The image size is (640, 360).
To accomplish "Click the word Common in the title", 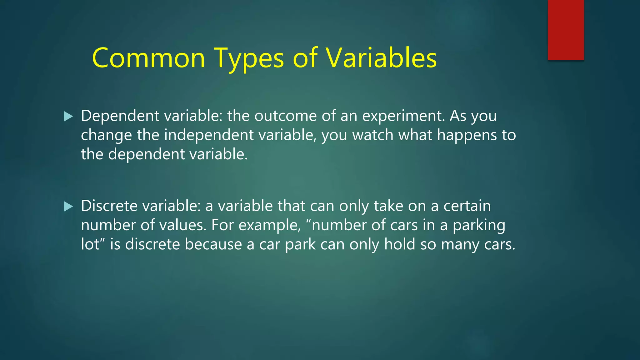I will coord(148,58).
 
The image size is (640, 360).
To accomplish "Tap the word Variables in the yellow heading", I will coord(381,58).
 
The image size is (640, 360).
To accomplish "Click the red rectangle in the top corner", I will coord(566,30).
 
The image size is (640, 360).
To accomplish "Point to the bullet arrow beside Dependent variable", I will coord(68,117).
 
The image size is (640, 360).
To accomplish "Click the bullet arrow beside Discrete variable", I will coord(68,207).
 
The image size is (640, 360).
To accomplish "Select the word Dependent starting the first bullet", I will coord(120,116).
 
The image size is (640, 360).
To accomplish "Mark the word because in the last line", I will coord(213,244).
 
